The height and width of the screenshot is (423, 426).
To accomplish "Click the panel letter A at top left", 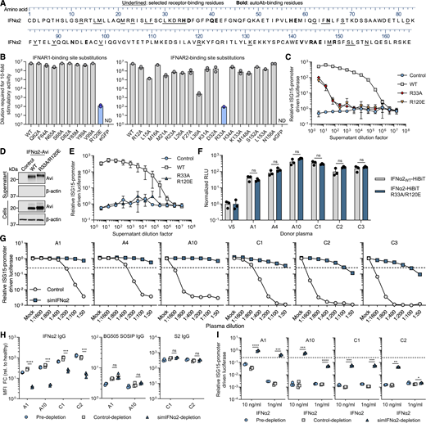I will point(4,4).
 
